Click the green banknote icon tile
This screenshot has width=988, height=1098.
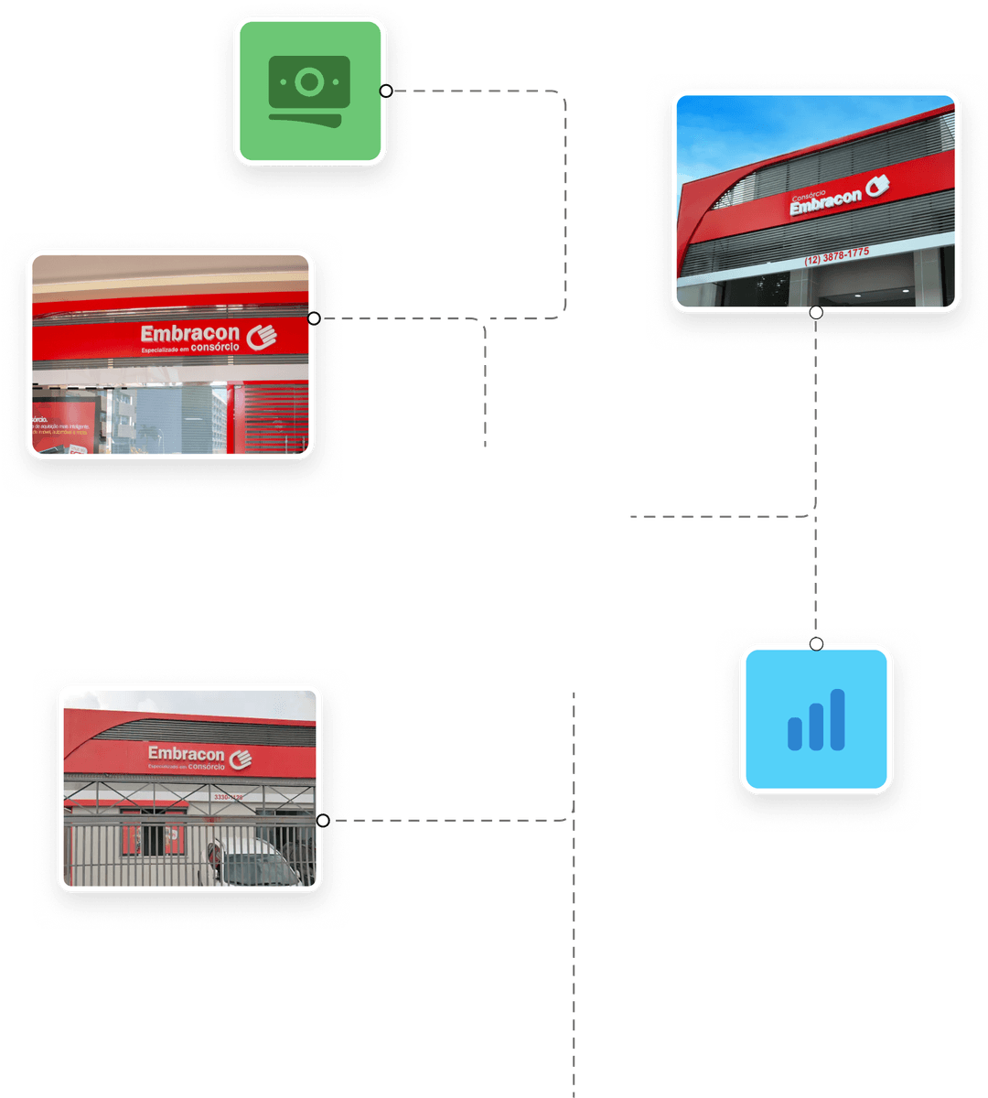click(x=309, y=91)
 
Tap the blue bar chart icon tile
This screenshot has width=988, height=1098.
click(x=816, y=718)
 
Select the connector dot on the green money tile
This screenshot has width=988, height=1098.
click(x=386, y=91)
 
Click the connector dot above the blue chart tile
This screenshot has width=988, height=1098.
click(x=816, y=644)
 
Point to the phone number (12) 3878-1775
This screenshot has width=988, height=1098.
click(x=836, y=255)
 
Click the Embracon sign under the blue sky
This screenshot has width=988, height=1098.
click(x=826, y=202)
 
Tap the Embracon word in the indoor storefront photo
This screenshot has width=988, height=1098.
click(x=189, y=332)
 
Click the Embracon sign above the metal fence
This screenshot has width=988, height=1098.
click(x=186, y=754)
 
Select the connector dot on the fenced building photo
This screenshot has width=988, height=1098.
click(x=323, y=821)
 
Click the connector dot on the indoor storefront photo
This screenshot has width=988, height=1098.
click(x=315, y=318)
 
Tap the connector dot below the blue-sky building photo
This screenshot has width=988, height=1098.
click(x=816, y=313)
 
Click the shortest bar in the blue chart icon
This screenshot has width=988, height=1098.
click(x=795, y=733)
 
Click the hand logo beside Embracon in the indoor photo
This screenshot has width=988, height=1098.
click(x=262, y=336)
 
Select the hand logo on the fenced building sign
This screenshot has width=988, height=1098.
click(x=241, y=758)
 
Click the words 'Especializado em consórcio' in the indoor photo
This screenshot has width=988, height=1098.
click(x=189, y=349)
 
